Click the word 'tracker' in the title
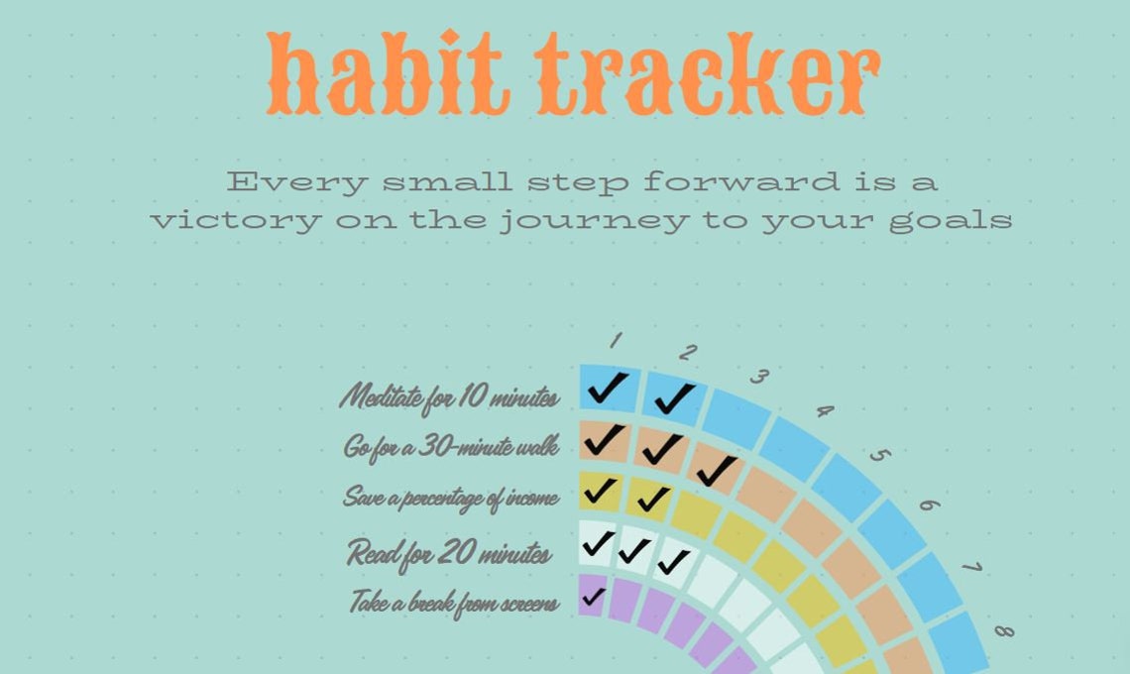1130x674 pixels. click(710, 74)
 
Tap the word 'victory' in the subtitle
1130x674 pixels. click(235, 219)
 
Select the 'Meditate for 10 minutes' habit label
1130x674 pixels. click(449, 397)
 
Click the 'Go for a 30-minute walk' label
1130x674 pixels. click(451, 447)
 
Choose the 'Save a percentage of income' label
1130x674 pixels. click(451, 497)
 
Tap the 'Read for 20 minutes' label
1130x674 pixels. click(449, 552)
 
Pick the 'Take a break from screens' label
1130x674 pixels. click(453, 602)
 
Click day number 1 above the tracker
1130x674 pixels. click(615, 342)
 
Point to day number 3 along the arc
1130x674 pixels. click(759, 377)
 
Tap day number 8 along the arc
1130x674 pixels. click(1003, 630)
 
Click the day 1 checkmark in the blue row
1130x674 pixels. click(607, 388)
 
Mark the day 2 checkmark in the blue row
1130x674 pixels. click(673, 397)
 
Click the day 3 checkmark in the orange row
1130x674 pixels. click(716, 469)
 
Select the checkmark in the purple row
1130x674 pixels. click(593, 597)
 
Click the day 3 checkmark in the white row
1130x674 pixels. click(673, 562)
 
